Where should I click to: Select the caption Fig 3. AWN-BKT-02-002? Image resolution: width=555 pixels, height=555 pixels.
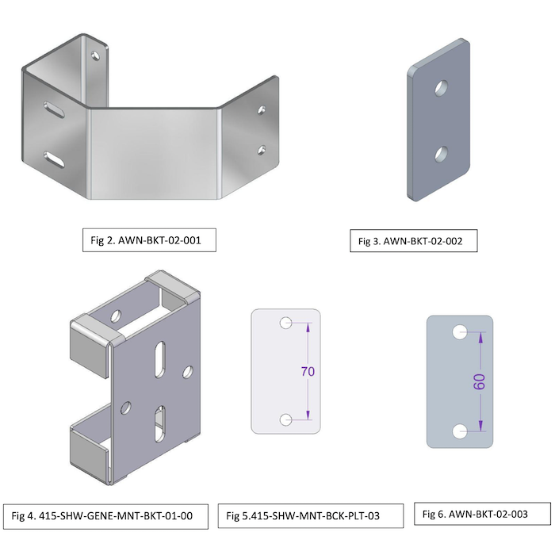point(413,241)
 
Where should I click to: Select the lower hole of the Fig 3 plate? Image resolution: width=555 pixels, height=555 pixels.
point(441,151)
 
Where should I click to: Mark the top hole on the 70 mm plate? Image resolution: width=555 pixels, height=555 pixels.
point(286,323)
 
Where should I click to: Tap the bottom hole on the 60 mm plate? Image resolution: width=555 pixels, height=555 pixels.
point(459,431)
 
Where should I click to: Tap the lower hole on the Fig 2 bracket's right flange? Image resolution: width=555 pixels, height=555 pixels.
point(261,148)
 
